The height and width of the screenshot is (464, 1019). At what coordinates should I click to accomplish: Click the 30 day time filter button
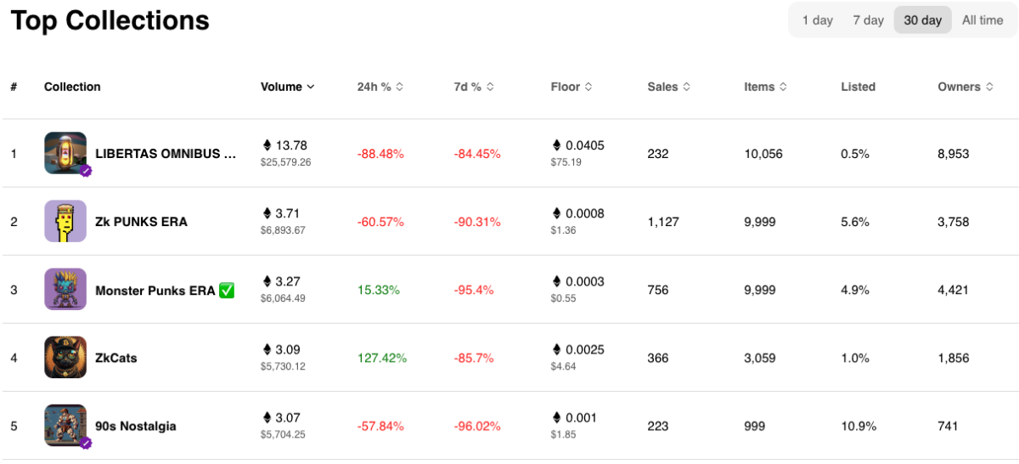[922, 20]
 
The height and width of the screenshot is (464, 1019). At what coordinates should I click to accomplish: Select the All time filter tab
[982, 20]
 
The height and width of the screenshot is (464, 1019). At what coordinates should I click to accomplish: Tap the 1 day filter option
[817, 20]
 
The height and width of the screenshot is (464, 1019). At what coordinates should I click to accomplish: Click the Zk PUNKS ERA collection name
[141, 222]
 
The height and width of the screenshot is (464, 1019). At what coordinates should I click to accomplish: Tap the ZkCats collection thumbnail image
[65, 357]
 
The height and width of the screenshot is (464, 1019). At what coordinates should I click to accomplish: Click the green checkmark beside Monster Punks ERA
[227, 290]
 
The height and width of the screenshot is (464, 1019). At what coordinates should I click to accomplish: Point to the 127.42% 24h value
[382, 358]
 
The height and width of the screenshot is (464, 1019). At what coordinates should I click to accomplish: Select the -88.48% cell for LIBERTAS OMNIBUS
[380, 154]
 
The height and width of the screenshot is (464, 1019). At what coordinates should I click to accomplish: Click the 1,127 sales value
[664, 222]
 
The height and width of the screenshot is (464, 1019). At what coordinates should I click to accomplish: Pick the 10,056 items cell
[763, 154]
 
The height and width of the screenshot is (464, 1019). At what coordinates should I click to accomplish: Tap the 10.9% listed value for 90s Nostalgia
[859, 426]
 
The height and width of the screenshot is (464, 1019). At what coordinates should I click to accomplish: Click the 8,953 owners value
[953, 154]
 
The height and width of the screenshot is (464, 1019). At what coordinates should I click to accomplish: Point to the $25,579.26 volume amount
[286, 162]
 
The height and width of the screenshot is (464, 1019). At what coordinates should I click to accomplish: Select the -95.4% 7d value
[474, 290]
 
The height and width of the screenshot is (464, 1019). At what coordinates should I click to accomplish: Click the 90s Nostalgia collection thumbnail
[65, 425]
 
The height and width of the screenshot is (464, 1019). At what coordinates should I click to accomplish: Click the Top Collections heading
[110, 20]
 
